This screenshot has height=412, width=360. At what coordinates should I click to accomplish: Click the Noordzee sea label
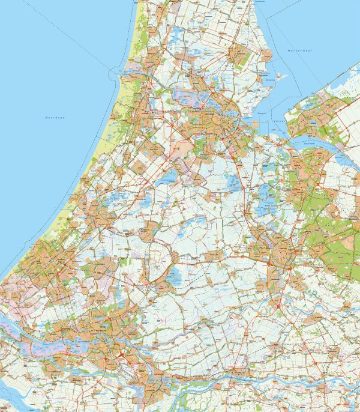[55, 118]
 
